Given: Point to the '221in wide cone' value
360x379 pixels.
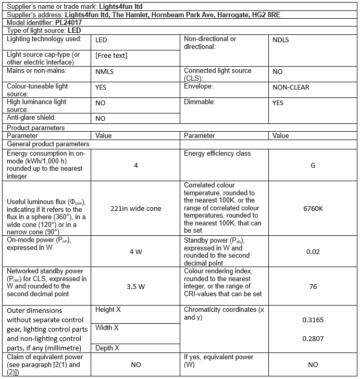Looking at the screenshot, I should click(x=136, y=208).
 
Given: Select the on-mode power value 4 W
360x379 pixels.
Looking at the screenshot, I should click(x=136, y=252).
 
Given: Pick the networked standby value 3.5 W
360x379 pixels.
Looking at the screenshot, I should click(x=136, y=286).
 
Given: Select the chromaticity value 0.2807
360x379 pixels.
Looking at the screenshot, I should click(x=313, y=338).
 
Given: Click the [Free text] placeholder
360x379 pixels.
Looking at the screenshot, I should click(x=111, y=56).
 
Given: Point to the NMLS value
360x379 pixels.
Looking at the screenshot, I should click(x=105, y=72).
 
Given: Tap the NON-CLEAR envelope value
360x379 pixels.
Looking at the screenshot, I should click(x=291, y=87).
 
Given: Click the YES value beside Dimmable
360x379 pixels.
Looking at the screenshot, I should click(x=278, y=103).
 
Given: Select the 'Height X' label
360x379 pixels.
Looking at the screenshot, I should click(x=108, y=310).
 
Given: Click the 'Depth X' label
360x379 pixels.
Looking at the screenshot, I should click(x=107, y=347).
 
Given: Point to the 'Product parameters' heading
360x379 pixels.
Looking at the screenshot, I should click(x=35, y=128).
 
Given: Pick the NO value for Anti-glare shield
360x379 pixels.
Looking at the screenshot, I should click(x=101, y=118).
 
